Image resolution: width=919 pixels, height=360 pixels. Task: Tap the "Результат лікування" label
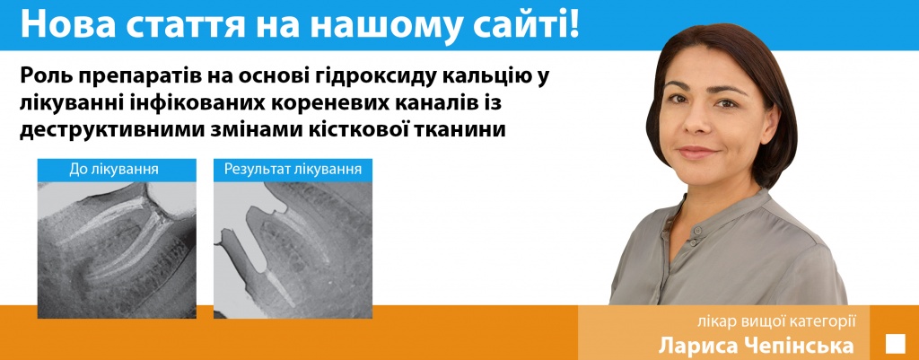pyautogui.click(x=293, y=170)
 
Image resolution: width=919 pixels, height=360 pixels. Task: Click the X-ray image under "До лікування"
pyautogui.click(x=117, y=250)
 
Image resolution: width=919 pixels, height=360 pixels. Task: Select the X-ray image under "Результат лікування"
pyautogui.click(x=293, y=250)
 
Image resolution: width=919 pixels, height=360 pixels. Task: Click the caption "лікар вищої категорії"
pyautogui.click(x=778, y=321)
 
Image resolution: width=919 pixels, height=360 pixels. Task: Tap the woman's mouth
pyautogui.click(x=699, y=153)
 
